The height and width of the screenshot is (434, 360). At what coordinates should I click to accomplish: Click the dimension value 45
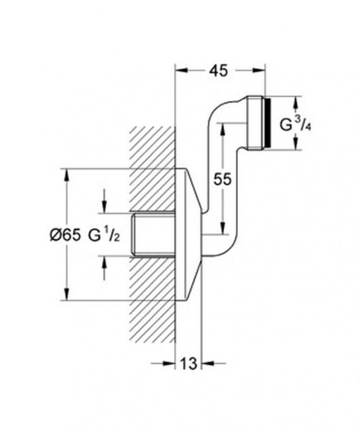pyautogui.click(x=220, y=70)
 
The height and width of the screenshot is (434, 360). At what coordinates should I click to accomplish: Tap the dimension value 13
pyautogui.click(x=189, y=364)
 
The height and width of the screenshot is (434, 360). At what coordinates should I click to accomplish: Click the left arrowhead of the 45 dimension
pyautogui.click(x=181, y=70)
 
